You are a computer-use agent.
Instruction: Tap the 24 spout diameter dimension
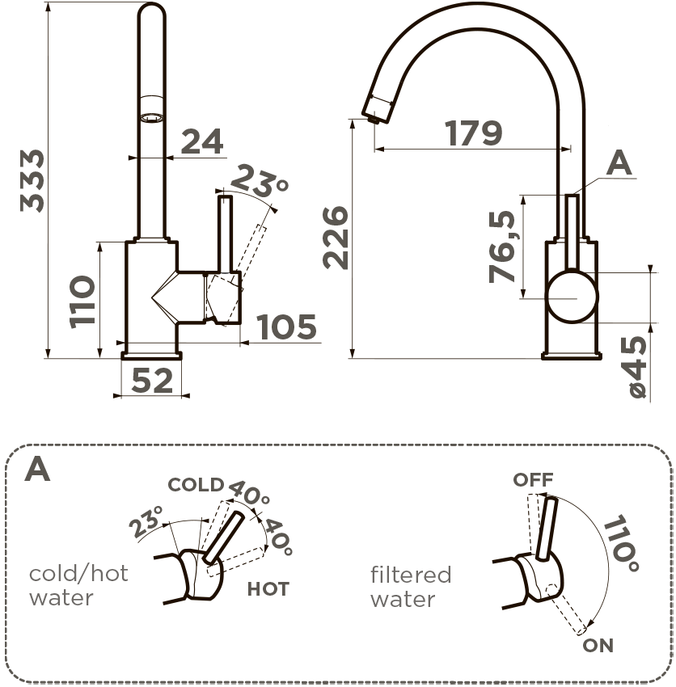tap(201, 141)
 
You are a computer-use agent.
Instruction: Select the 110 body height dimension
tap(82, 300)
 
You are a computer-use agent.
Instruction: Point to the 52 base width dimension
tap(152, 380)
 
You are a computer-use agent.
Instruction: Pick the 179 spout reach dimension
tap(473, 133)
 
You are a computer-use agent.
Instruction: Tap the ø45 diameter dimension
tap(637, 368)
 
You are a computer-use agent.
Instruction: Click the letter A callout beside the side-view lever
tap(619, 165)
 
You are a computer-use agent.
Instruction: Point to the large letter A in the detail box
tap(37, 469)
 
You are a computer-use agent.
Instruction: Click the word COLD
tap(195, 485)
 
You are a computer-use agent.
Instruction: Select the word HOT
tap(268, 589)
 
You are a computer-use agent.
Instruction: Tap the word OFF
tap(533, 480)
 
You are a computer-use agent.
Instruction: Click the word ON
tap(598, 645)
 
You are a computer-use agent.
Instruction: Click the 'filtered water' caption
tap(411, 587)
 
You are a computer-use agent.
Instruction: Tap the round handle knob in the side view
tap(572, 297)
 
